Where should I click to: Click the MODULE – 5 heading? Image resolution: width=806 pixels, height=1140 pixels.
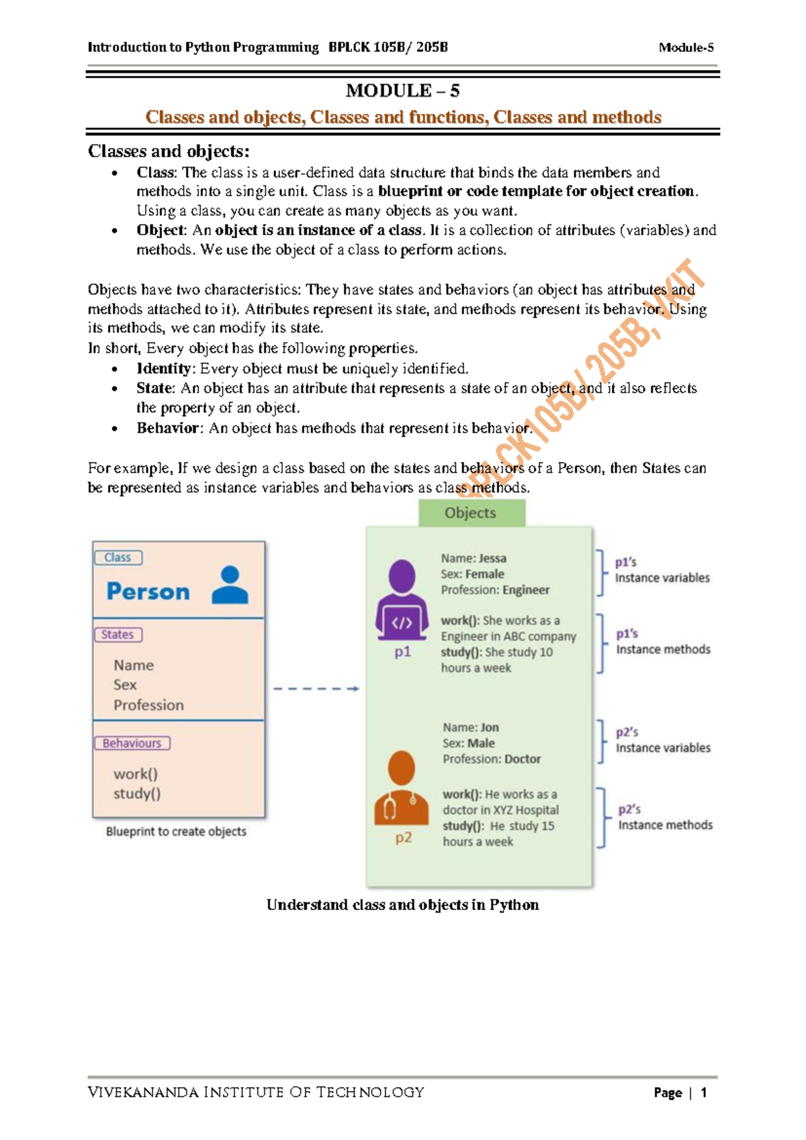pos(402,91)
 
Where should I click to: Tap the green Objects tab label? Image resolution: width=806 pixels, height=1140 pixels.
pos(470,513)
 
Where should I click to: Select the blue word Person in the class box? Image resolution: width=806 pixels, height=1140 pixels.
pos(148,592)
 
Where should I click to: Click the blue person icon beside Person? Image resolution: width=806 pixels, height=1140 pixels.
pos(230,584)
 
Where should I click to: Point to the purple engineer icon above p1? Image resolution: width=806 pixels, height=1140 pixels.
pos(402,599)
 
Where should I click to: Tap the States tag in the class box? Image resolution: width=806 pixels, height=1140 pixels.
pos(118,635)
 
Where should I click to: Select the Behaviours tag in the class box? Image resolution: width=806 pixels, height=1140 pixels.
pos(132,743)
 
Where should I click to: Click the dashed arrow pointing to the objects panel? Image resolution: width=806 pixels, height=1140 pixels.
pos(316,689)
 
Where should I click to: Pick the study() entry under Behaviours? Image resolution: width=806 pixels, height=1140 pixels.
pos(137,794)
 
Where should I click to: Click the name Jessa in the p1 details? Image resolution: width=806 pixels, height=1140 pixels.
pos(492,559)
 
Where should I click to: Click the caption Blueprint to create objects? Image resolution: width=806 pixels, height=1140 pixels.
pos(176,831)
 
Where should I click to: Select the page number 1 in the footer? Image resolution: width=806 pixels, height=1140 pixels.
pos(703,1093)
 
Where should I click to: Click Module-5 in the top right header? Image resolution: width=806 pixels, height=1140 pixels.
pos(686,48)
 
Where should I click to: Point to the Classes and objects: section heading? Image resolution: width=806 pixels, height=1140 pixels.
pos(169,151)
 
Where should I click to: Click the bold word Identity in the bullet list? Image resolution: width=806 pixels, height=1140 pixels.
pos(164,368)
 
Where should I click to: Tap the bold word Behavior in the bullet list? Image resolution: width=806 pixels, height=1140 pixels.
pos(168,428)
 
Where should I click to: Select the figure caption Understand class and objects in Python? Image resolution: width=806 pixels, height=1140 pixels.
pos(402,905)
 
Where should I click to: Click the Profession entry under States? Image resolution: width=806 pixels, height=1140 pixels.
pos(148,705)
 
